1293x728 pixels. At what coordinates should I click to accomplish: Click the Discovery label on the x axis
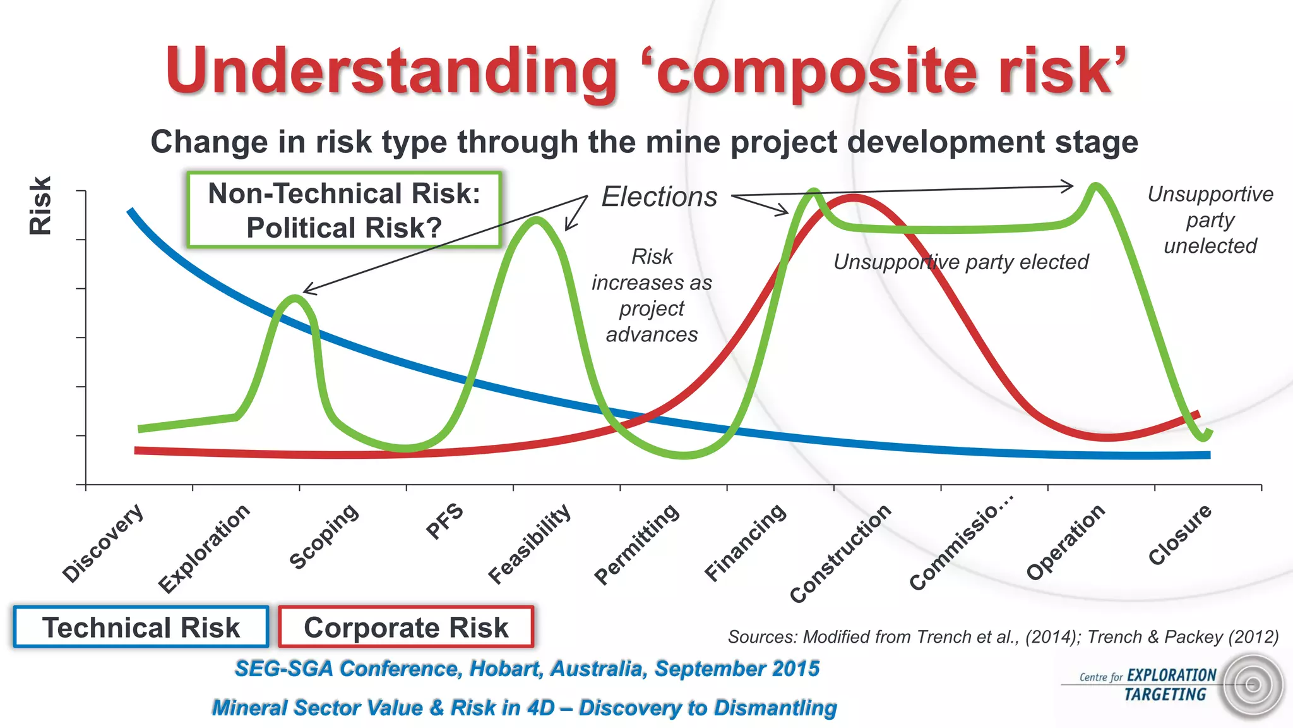(x=103, y=543)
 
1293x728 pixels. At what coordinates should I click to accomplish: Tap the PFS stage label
(x=444, y=522)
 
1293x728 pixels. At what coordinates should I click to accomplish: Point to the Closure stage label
(x=1179, y=535)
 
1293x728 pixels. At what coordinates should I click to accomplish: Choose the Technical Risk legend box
(x=141, y=628)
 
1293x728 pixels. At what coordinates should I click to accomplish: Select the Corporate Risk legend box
(x=406, y=628)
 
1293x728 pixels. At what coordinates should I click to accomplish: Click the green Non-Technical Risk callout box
(x=344, y=210)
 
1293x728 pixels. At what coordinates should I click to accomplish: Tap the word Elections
(x=659, y=197)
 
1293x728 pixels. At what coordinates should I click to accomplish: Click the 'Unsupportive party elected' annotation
(x=961, y=262)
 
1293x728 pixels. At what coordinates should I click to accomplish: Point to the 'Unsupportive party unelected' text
(x=1210, y=220)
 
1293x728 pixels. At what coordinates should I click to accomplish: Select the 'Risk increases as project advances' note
(x=652, y=295)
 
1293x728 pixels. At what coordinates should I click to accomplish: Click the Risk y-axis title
(x=40, y=206)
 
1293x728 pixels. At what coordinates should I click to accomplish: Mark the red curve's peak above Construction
(x=853, y=198)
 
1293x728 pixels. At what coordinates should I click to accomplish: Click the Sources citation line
(x=1003, y=636)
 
